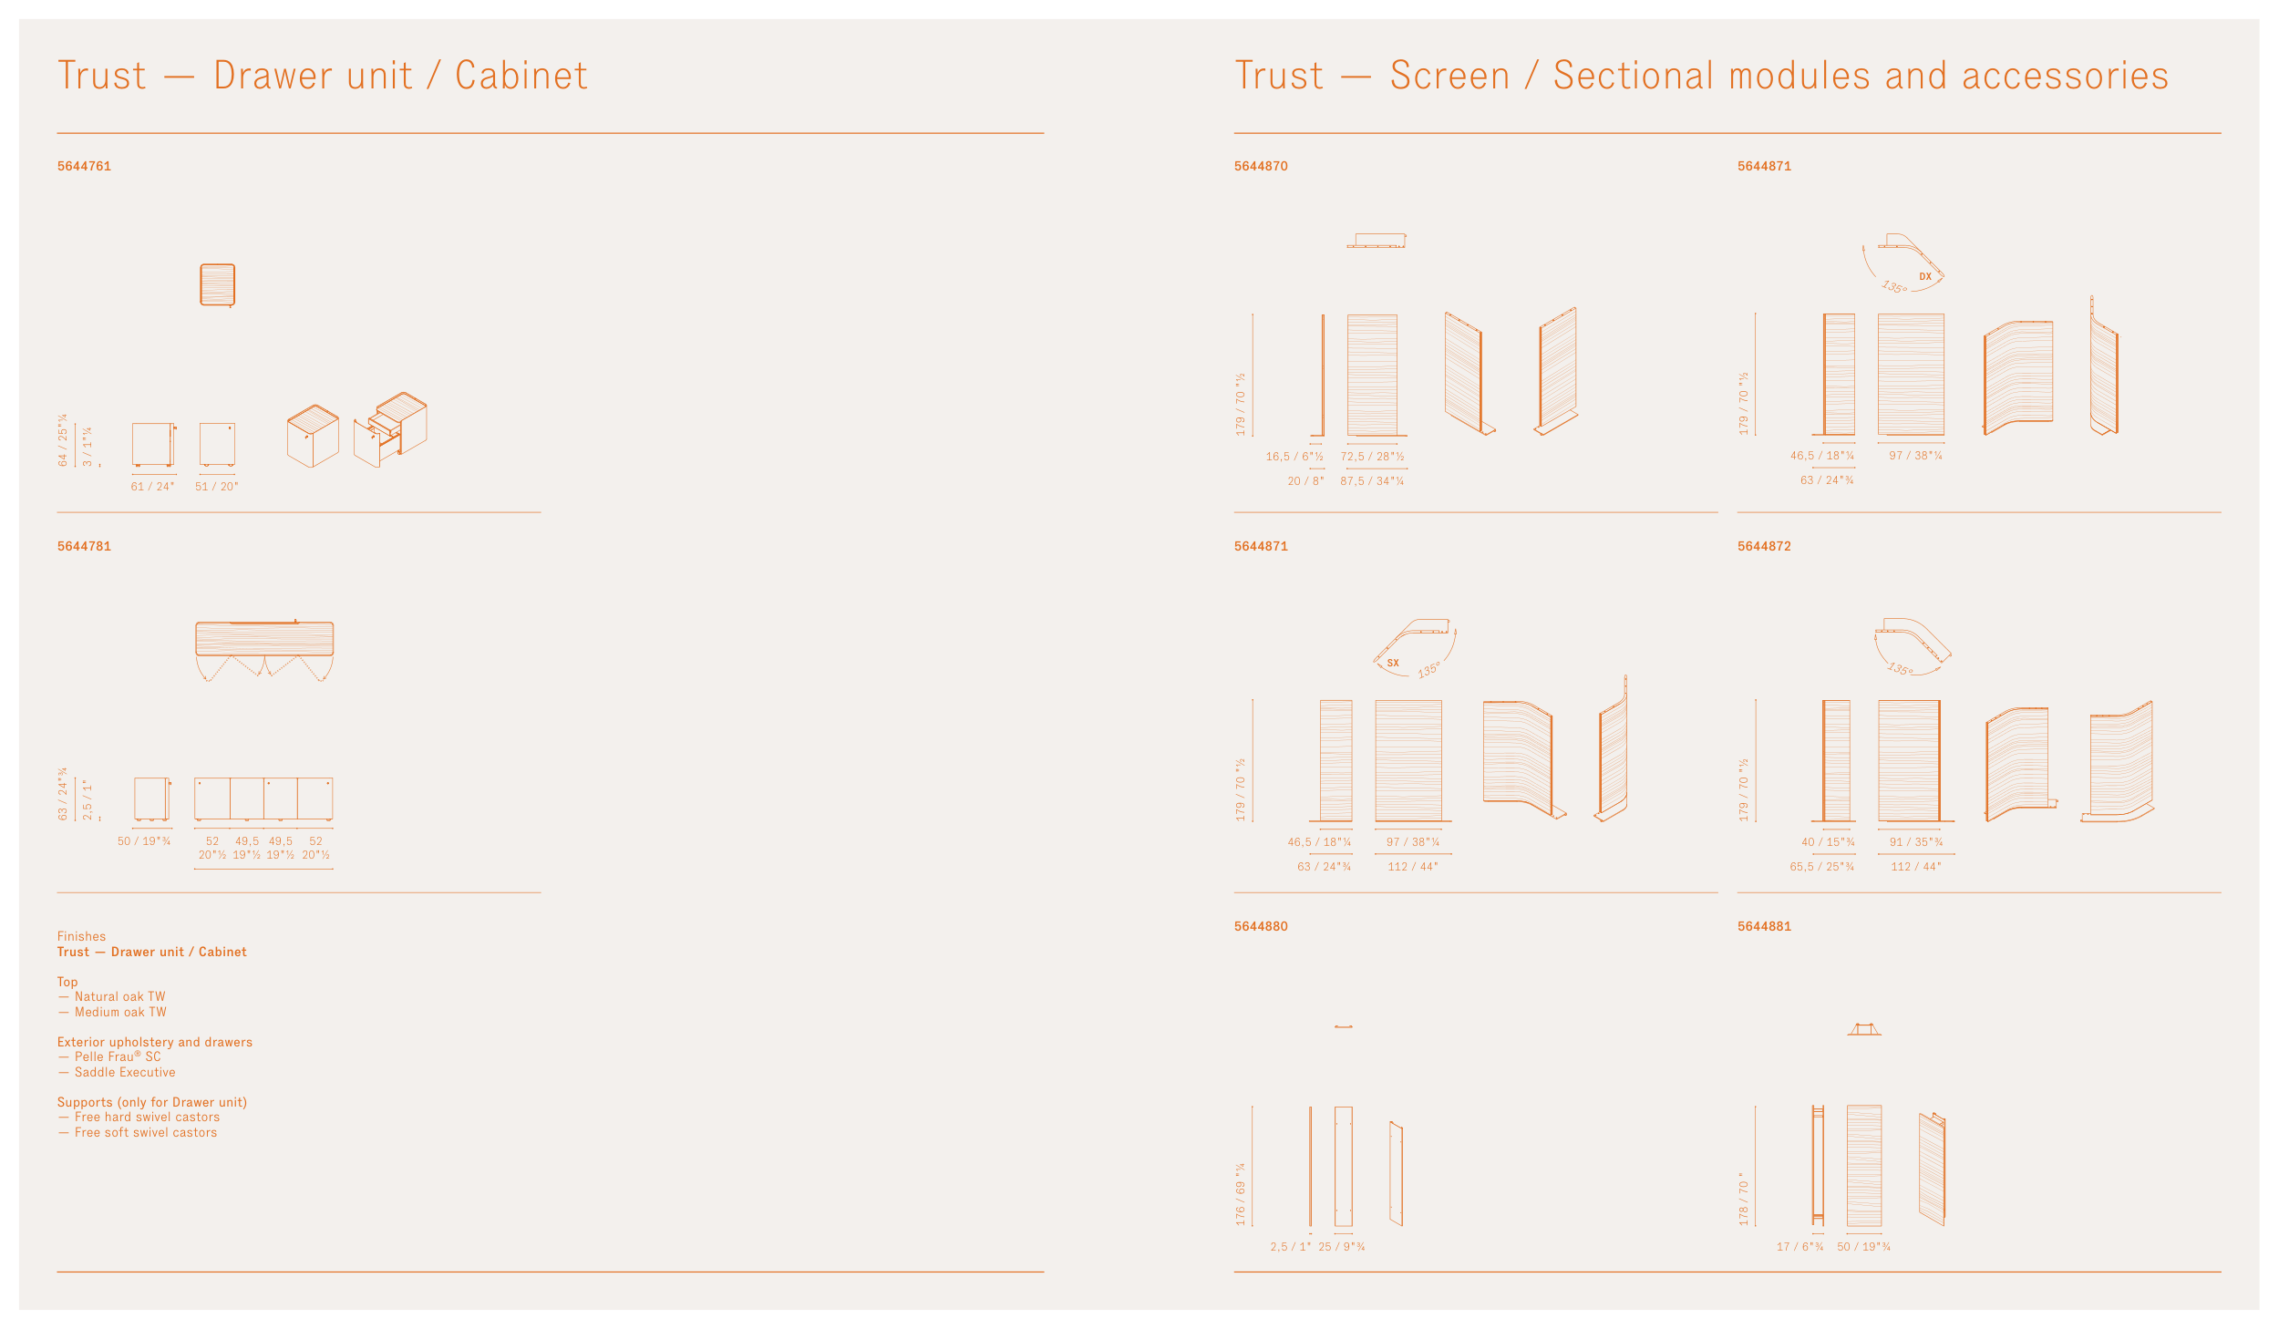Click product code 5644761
tap(84, 166)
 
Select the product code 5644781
tap(84, 546)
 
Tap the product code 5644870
tap(1261, 166)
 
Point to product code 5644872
tap(1764, 546)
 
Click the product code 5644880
tap(1261, 926)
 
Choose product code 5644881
tap(1764, 926)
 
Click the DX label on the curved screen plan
tap(1925, 277)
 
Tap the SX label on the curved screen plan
tap(1393, 663)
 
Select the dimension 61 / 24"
tap(152, 487)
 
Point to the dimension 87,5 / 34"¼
tap(1372, 481)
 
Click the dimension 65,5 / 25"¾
tap(1821, 867)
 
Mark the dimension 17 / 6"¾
tap(1799, 1247)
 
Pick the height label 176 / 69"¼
tap(1241, 1193)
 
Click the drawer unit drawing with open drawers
tap(390, 429)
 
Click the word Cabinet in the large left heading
tap(521, 76)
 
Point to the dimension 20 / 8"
tap(1305, 481)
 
